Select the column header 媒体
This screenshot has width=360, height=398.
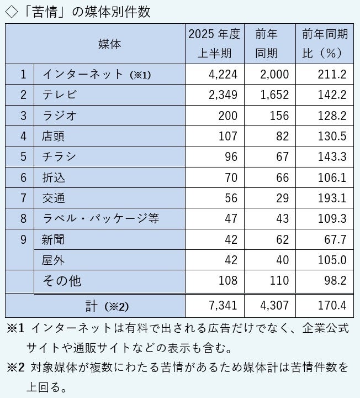click(109, 44)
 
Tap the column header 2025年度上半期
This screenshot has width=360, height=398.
click(214, 44)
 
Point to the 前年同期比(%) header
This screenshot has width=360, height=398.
click(325, 44)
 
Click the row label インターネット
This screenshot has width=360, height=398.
click(83, 75)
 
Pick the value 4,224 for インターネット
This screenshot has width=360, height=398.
click(223, 75)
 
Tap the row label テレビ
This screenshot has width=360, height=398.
click(59, 95)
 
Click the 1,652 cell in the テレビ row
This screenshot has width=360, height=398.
click(274, 95)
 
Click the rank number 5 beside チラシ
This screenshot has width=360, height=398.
click(23, 157)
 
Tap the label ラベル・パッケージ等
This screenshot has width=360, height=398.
click(100, 218)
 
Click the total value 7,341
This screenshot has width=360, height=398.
click(223, 305)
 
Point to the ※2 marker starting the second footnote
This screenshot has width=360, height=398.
click(16, 366)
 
